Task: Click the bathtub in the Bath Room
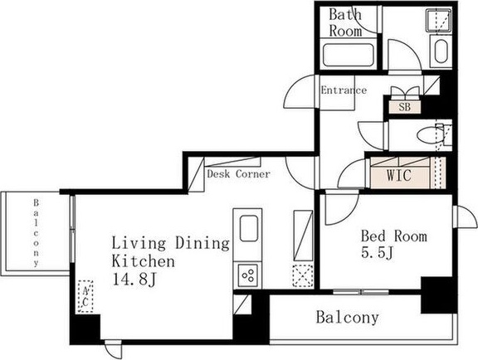coord(349,55)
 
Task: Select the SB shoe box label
coord(404,107)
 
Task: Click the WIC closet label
coord(398,175)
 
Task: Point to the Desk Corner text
coord(238,174)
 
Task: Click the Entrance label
coord(344,90)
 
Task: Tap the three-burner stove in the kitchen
coord(247,275)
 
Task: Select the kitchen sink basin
coord(248,228)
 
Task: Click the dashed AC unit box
coord(85,296)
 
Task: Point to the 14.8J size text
coord(134,280)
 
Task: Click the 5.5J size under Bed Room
coord(378,253)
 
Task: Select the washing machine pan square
coord(439,20)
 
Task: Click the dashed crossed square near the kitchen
coord(303,276)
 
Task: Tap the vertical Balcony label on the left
coord(37,232)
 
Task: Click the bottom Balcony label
coord(347,318)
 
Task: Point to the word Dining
coord(202,243)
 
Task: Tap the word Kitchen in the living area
coord(144,261)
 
